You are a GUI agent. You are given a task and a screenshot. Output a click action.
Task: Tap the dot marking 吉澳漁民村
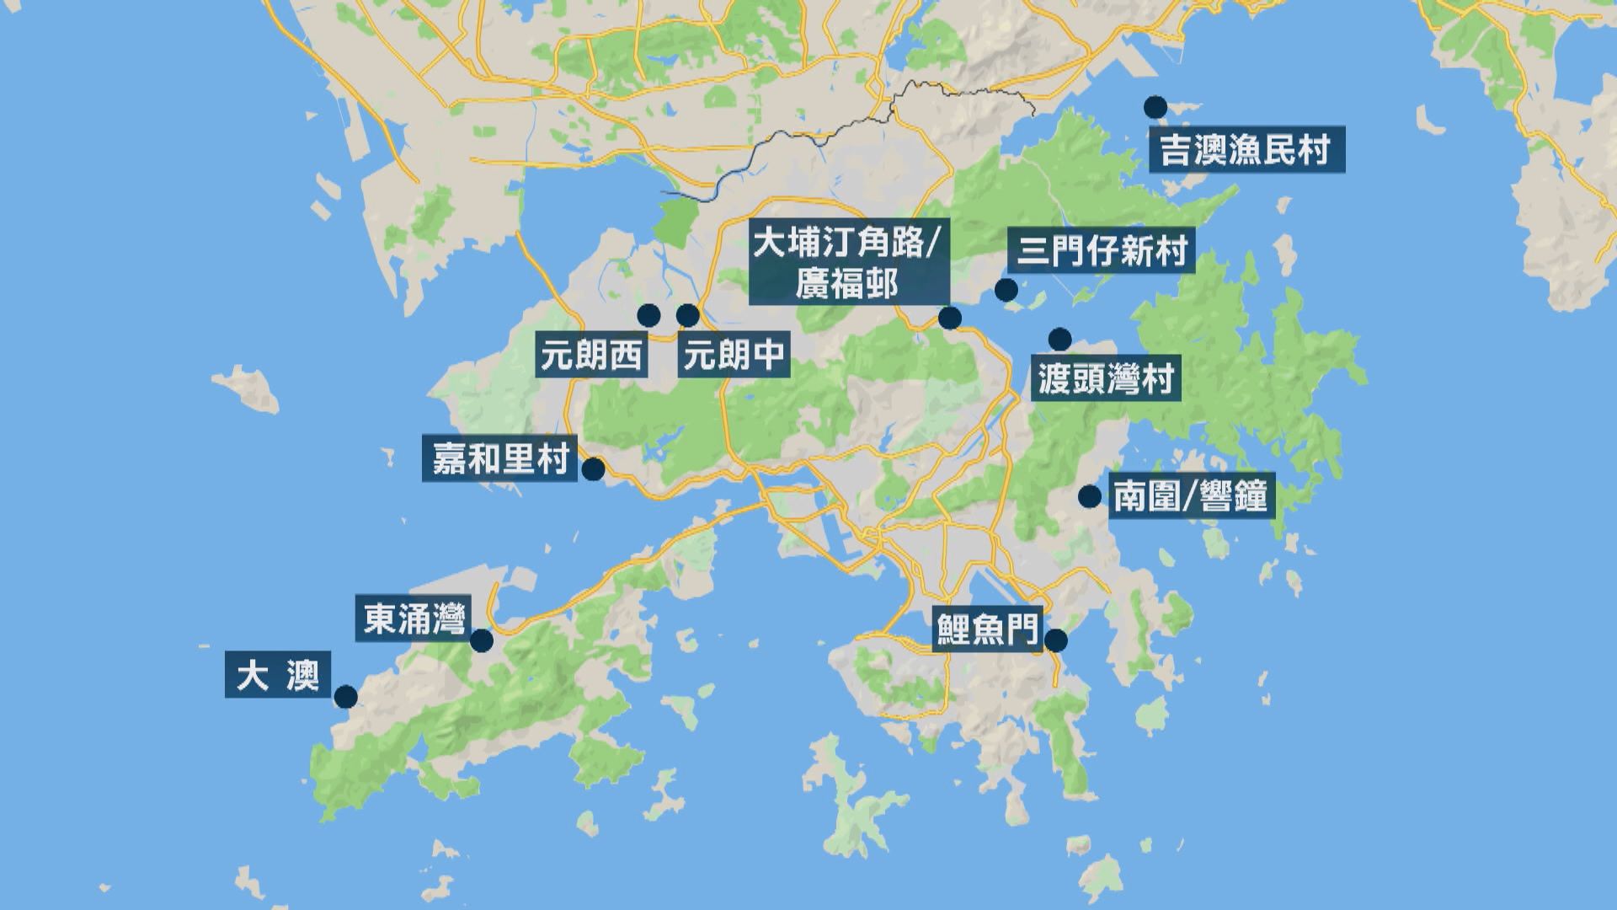point(1155,107)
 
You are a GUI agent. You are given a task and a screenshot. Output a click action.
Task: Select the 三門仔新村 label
point(1102,251)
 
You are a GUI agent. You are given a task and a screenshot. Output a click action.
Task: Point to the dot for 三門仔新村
point(1006,291)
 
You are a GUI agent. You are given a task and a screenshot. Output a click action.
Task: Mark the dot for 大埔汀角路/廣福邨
point(950,318)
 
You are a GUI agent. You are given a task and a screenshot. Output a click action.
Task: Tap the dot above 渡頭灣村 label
point(1059,339)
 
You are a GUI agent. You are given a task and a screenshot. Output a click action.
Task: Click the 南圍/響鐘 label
point(1190,496)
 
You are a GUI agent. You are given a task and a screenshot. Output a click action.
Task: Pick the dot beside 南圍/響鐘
point(1090,496)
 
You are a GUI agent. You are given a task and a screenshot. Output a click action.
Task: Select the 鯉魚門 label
point(987,628)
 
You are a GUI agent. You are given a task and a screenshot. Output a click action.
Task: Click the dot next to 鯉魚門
point(1056,641)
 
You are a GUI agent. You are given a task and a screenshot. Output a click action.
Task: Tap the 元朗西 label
point(591,356)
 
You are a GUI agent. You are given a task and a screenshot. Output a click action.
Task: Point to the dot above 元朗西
point(648,316)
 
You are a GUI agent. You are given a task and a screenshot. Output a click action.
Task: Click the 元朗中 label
point(734,356)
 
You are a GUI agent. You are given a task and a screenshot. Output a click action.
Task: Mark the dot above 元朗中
point(688,316)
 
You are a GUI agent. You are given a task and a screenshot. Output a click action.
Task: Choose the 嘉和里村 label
point(500,458)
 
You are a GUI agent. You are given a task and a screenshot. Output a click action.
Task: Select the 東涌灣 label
point(414,620)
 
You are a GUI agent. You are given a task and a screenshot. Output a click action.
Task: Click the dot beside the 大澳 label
point(345,697)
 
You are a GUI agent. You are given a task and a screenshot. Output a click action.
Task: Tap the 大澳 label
point(277,675)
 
